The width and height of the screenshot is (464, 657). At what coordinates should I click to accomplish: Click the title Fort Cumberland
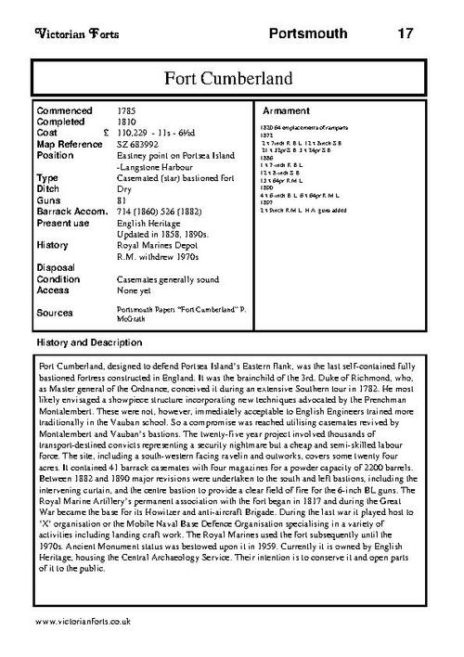[x=232, y=76]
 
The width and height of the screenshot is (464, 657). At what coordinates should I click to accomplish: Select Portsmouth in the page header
[x=308, y=33]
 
